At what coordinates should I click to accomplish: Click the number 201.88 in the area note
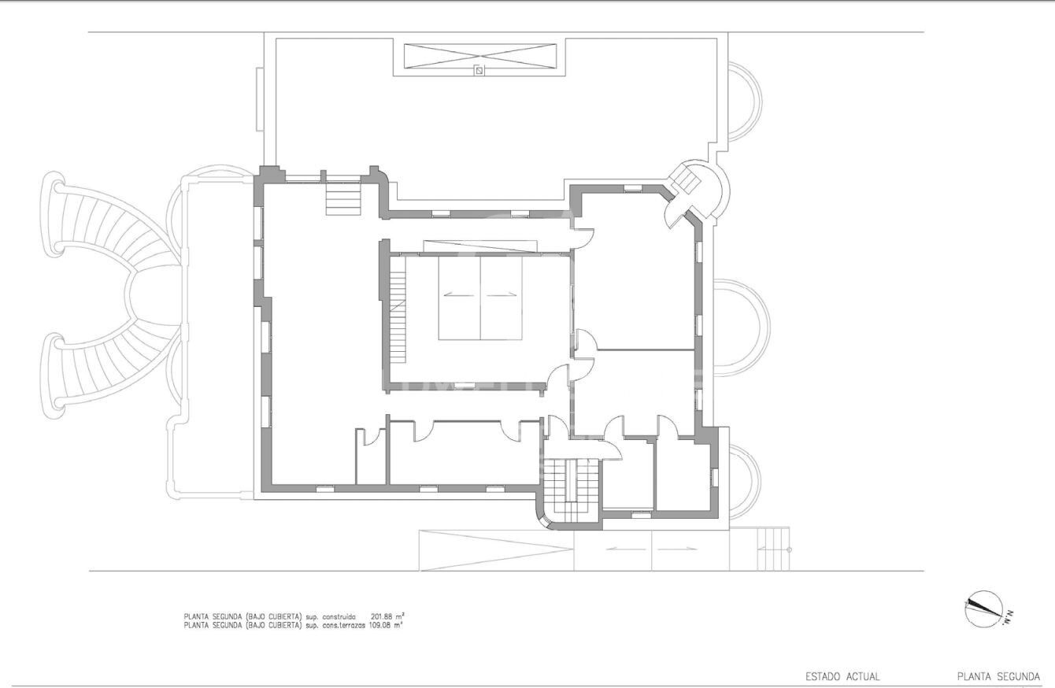click(382, 616)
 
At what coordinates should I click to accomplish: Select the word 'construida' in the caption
click(339, 616)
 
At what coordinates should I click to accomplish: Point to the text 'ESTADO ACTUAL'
click(842, 676)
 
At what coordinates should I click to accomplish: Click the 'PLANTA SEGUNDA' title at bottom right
click(998, 676)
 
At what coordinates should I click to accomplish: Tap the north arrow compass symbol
click(983, 609)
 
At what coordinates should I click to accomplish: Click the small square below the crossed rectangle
click(478, 71)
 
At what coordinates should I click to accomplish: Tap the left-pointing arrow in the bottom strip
click(626, 549)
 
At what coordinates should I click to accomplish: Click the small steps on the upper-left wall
click(344, 198)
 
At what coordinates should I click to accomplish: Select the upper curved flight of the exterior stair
click(110, 228)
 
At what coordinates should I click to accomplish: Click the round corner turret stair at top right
click(690, 189)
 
